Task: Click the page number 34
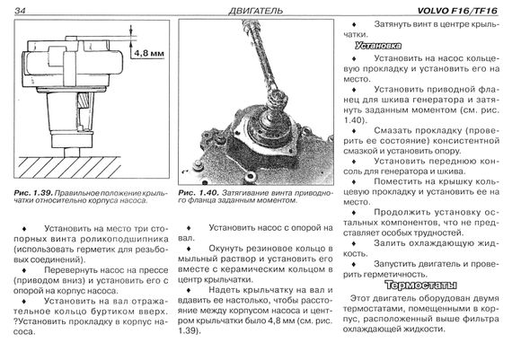20,11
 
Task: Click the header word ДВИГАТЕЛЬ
255,11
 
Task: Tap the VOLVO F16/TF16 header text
458,11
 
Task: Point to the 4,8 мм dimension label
149,53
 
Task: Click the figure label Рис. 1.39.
33,193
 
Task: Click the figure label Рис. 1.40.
199,193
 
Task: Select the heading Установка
378,46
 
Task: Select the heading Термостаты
420,285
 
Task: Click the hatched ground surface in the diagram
69,167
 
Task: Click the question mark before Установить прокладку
15,321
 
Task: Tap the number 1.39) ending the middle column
189,331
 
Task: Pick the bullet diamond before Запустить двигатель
354,264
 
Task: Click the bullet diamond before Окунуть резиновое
189,249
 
